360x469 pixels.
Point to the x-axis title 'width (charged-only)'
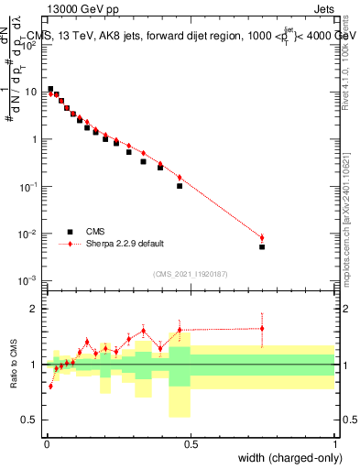click(287, 458)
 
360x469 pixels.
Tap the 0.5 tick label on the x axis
click(191, 443)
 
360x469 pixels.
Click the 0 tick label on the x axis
click(46, 443)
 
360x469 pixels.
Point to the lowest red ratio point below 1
click(50, 386)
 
